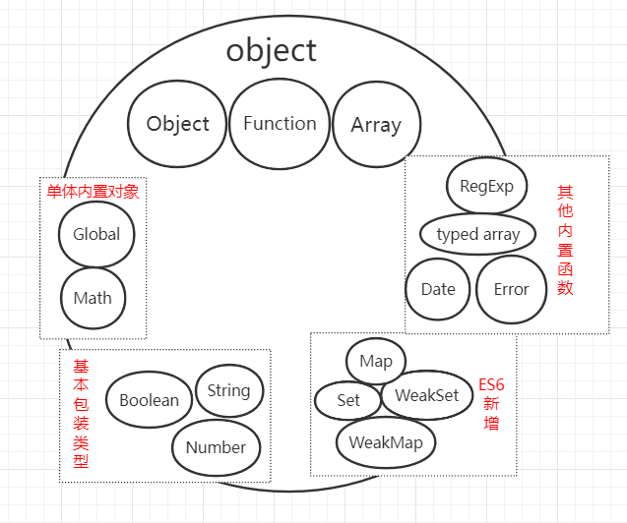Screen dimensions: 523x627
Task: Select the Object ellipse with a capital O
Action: pos(177,124)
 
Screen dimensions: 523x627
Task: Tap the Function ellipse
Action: pos(280,124)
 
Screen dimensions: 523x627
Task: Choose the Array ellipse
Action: pos(375,125)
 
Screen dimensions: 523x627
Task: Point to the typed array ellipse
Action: pos(477,234)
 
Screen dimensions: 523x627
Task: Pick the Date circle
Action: pos(438,289)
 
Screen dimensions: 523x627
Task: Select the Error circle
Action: pos(511,289)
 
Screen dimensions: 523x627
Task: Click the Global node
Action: pos(96,234)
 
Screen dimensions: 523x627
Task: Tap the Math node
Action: pos(93,298)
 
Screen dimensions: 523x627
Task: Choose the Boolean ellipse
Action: pos(149,400)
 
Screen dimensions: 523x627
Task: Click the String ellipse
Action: pos(228,390)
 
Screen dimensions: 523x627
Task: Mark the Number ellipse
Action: pos(216,447)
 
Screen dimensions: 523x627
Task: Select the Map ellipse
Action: pos(376,361)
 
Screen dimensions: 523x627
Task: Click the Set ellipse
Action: pos(348,400)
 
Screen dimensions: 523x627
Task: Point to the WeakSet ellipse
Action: pos(426,395)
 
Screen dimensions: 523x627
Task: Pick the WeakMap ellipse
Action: pos(386,442)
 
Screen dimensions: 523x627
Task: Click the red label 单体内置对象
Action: pos(93,191)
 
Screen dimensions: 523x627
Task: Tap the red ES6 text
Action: pos(491,383)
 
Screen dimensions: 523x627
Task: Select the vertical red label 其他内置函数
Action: pos(564,240)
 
